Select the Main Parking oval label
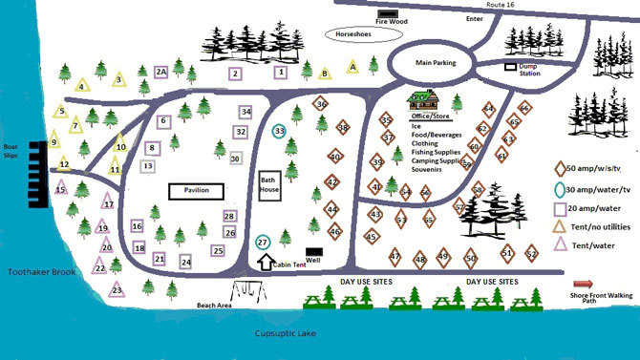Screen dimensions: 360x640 tap(436, 64)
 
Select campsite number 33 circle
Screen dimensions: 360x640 tap(279, 131)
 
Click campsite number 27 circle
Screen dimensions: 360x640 tap(264, 243)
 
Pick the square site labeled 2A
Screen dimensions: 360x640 tap(161, 72)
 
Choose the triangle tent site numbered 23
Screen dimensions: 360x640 tap(117, 289)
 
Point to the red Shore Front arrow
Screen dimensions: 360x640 tap(583, 284)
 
